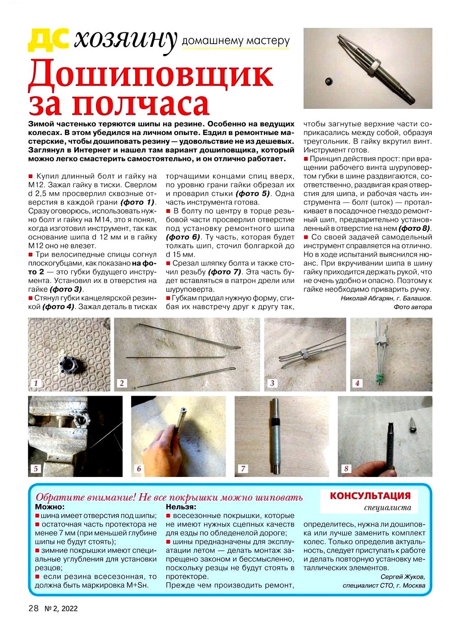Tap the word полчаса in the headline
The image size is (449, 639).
point(141,104)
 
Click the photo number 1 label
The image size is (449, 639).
point(36,383)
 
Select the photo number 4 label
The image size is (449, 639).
point(357,383)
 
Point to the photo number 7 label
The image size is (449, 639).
point(243,468)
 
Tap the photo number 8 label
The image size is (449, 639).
point(346,468)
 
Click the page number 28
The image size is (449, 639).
point(33,608)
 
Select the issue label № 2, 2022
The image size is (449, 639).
point(61,609)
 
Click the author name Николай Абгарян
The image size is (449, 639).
point(366,298)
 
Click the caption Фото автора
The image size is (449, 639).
point(413,307)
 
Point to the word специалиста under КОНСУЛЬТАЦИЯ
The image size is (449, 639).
point(387,508)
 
